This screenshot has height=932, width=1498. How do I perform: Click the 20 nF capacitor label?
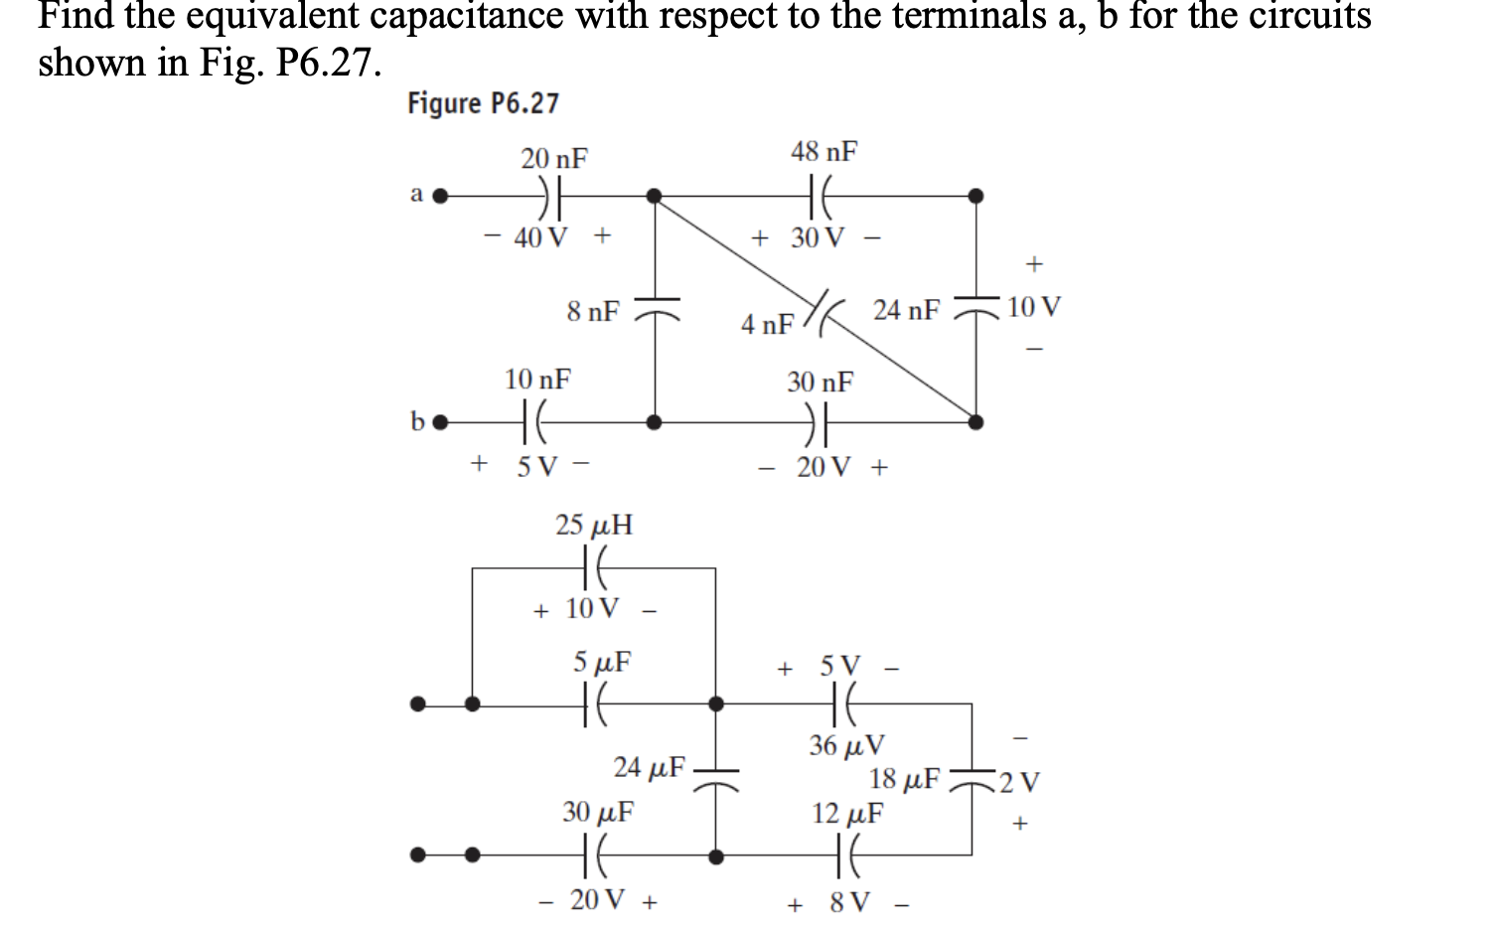(x=554, y=159)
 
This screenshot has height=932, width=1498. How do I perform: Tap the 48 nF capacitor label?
(x=824, y=152)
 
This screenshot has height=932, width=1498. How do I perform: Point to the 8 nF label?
(x=593, y=312)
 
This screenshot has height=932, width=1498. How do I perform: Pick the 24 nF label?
(x=906, y=311)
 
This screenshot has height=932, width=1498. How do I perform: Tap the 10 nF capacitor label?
(x=537, y=380)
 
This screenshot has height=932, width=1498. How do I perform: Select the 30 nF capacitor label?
(x=820, y=382)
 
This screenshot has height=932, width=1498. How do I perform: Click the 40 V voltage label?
(x=541, y=237)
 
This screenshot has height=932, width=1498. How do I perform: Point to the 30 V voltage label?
(x=818, y=238)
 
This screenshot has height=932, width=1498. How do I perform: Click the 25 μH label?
(x=594, y=525)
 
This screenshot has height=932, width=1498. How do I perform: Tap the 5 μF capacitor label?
(x=602, y=662)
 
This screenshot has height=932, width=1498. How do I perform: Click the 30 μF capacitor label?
(x=598, y=813)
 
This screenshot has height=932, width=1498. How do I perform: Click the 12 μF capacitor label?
(x=847, y=814)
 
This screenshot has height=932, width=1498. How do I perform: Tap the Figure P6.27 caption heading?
(x=483, y=103)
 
